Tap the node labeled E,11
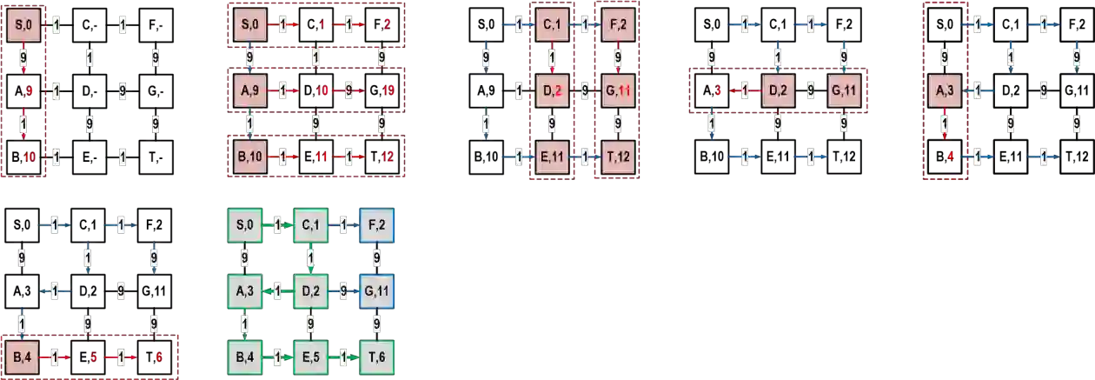pyautogui.click(x=552, y=157)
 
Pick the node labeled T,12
pyautogui.click(x=617, y=157)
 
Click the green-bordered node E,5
pyautogui.click(x=310, y=357)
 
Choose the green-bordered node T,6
pyautogui.click(x=376, y=357)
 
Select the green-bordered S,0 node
pyautogui.click(x=244, y=225)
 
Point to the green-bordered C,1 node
pyautogui.click(x=310, y=225)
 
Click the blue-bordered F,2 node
pyautogui.click(x=376, y=225)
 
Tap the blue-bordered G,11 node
pyautogui.click(x=376, y=290)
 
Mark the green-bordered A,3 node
pyautogui.click(x=244, y=290)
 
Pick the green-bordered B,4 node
pyautogui.click(x=244, y=357)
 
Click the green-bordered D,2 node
pyautogui.click(x=310, y=290)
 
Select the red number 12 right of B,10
pyautogui.click(x=387, y=157)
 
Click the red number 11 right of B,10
pyautogui.click(x=321, y=157)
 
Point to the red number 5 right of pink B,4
pyautogui.click(x=93, y=356)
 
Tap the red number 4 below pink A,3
pyautogui.click(x=951, y=157)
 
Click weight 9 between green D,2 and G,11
pyautogui.click(x=343, y=290)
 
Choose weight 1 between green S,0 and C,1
pyautogui.click(x=277, y=226)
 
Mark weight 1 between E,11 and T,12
pyautogui.click(x=585, y=157)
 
